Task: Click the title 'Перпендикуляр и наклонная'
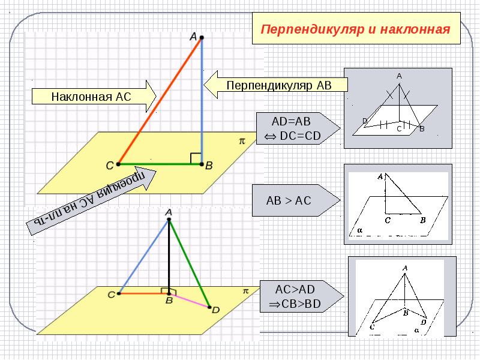(356, 29)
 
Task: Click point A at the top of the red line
(202, 38)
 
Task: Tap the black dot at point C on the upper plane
(118, 163)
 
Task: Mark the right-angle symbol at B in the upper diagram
(196, 158)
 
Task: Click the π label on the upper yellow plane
(242, 141)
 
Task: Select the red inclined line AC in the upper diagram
(160, 101)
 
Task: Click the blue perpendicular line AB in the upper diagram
(202, 102)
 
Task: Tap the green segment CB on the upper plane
(160, 163)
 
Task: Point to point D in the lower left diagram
(210, 308)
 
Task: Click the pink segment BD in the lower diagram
(190, 300)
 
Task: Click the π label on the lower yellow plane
(245, 290)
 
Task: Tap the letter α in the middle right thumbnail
(359, 229)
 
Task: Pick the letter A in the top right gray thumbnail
(398, 76)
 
